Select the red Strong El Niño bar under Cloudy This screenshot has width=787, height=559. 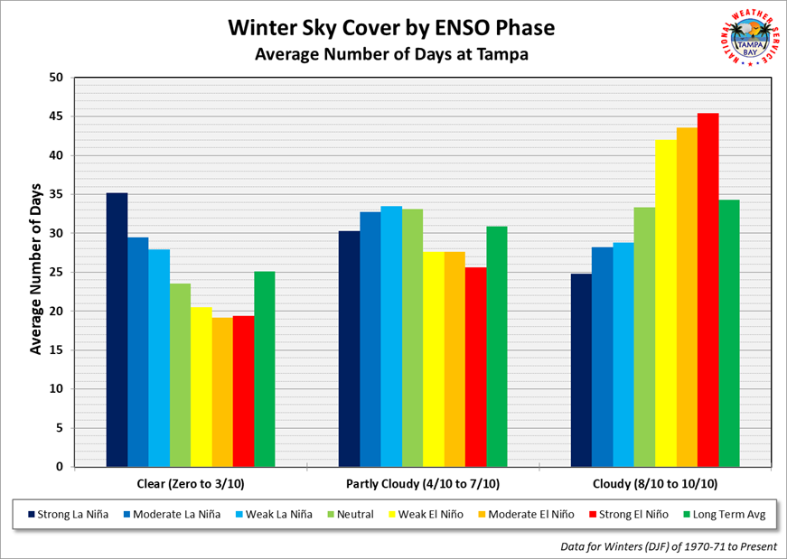(x=707, y=290)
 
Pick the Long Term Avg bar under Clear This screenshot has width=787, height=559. (x=265, y=369)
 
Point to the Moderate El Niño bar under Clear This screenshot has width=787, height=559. (x=222, y=392)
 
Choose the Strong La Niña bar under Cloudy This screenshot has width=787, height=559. (x=581, y=370)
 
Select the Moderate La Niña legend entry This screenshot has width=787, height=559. (x=173, y=514)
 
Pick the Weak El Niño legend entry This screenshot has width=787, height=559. (x=434, y=514)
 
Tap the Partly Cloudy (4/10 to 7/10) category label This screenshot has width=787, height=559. (x=423, y=482)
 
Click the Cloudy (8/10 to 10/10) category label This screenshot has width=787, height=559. (x=655, y=482)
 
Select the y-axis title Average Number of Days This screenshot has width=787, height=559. (x=35, y=272)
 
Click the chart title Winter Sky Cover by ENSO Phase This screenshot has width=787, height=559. (x=391, y=28)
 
